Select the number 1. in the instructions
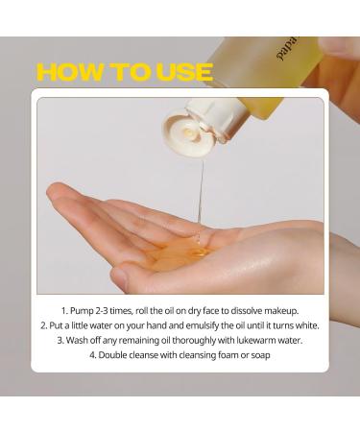point(65,310)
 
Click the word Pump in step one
point(85,310)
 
